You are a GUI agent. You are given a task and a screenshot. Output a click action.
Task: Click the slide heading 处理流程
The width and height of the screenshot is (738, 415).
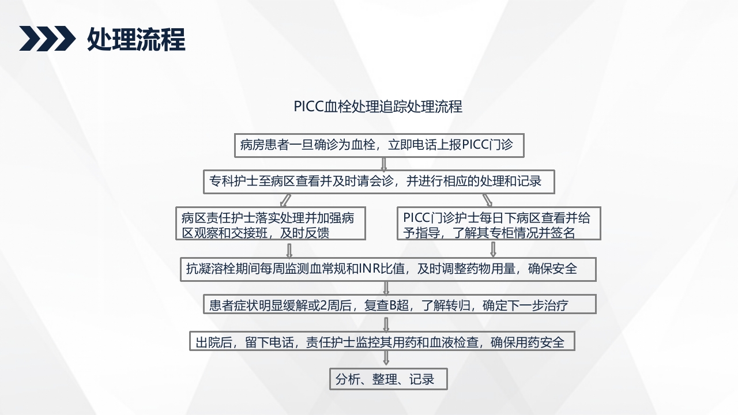[x=136, y=39]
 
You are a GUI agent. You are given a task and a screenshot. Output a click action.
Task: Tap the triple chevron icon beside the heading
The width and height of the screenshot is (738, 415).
[x=47, y=39]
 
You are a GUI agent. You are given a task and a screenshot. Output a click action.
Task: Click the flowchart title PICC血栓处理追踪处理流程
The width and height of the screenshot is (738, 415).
[x=378, y=107]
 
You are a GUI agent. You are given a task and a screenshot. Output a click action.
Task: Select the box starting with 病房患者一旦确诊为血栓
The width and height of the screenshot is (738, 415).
[x=379, y=145]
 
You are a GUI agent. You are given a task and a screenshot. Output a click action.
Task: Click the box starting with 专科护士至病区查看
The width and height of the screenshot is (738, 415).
[x=379, y=182]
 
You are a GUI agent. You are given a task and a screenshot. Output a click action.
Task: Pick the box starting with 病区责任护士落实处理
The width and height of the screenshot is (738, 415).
[x=272, y=224]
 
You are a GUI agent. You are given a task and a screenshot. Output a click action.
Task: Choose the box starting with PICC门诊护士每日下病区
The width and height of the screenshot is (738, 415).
[x=499, y=224]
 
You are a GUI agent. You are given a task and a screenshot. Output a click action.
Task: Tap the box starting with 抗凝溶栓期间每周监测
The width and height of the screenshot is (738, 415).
[x=387, y=269]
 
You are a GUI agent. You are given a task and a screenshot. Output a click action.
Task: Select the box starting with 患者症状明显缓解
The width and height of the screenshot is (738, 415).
[x=399, y=305]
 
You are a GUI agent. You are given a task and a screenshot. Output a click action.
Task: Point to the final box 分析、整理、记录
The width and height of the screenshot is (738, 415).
[x=387, y=379]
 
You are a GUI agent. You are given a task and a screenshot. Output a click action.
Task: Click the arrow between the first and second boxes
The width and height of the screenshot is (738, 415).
[x=383, y=163]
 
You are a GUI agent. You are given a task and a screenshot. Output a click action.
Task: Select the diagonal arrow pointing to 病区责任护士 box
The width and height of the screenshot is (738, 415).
[x=285, y=200]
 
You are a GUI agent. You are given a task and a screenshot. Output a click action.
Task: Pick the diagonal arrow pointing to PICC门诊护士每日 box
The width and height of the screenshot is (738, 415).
[x=487, y=200]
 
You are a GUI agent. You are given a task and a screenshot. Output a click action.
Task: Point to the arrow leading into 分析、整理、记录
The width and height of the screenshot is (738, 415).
[x=386, y=359]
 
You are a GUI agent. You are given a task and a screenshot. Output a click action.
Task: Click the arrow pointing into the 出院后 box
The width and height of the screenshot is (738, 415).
[x=386, y=322]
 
